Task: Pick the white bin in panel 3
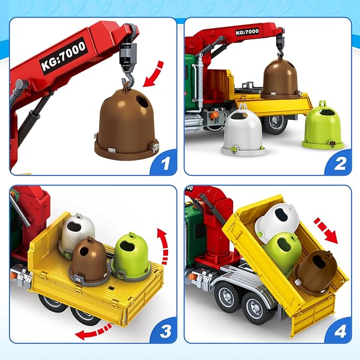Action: pos(77,233)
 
